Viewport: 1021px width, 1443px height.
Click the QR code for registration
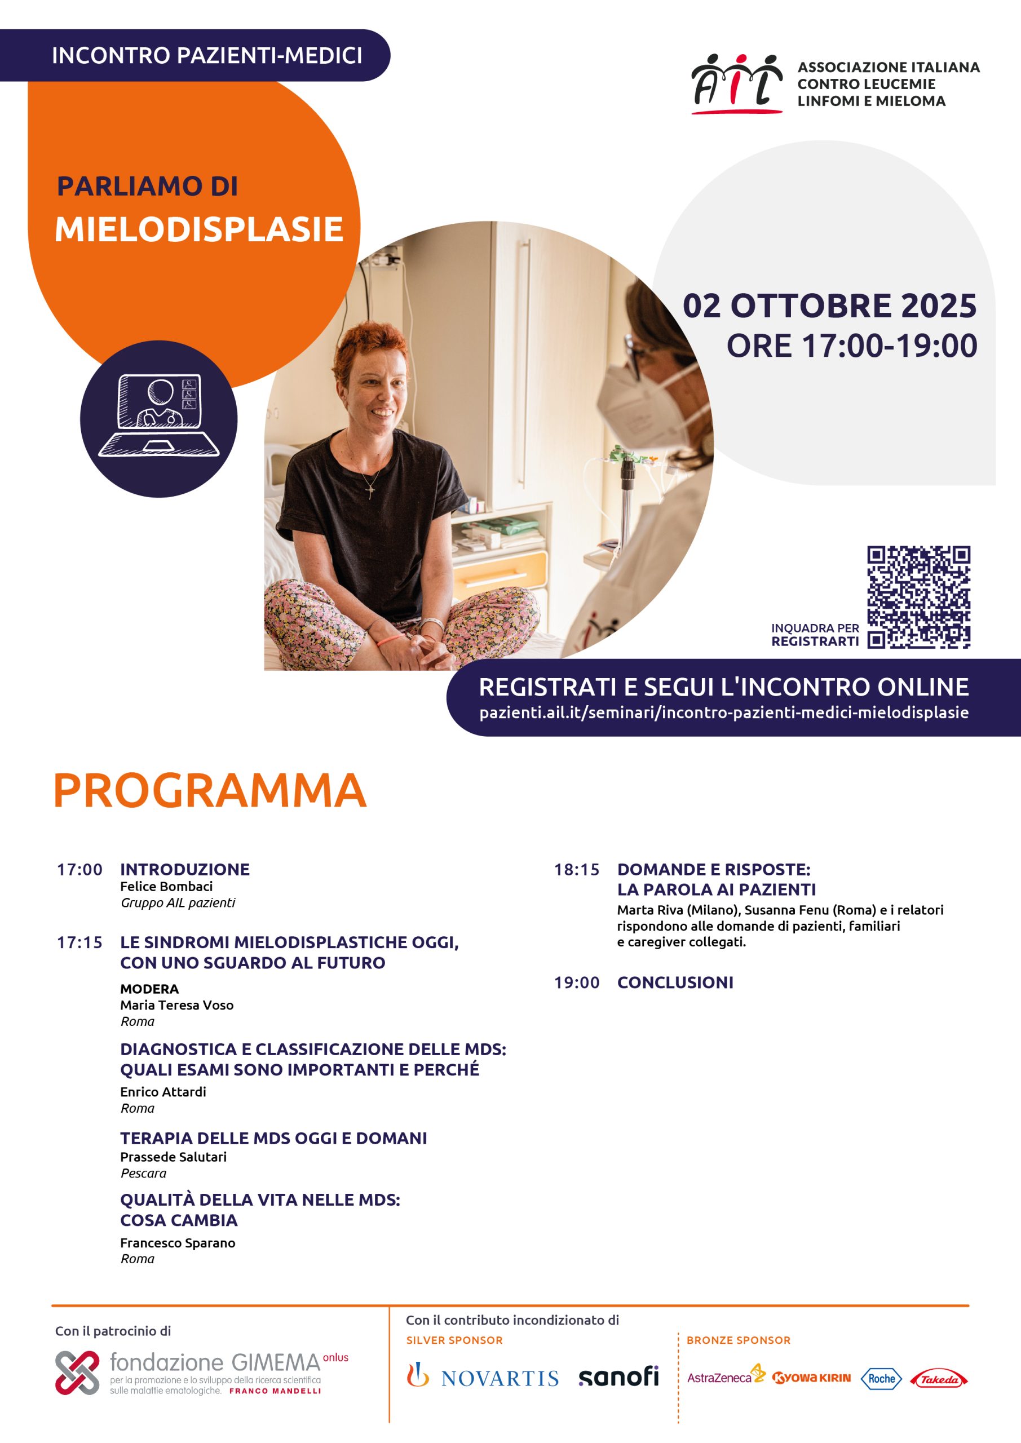pyautogui.click(x=918, y=597)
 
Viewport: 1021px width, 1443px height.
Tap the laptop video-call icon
pyautogui.click(x=158, y=416)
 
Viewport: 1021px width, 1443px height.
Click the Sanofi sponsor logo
pyautogui.click(x=618, y=1376)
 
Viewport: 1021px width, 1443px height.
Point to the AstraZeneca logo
pyautogui.click(x=726, y=1377)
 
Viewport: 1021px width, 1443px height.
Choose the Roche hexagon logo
pyautogui.click(x=881, y=1378)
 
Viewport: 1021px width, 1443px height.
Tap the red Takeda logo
pyautogui.click(x=939, y=1379)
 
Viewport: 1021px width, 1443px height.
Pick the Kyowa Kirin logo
pyautogui.click(x=811, y=1378)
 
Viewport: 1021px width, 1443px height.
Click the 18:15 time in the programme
pyautogui.click(x=577, y=870)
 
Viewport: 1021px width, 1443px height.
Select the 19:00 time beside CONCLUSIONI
pyautogui.click(x=577, y=982)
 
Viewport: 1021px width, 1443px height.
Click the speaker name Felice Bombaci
pyautogui.click(x=167, y=886)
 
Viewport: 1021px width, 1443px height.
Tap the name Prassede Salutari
pyautogui.click(x=174, y=1157)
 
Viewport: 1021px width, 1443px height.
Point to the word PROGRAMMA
pyautogui.click(x=210, y=791)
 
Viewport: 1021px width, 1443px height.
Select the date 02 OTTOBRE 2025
pyautogui.click(x=829, y=306)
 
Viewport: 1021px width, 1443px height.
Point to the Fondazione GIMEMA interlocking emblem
pyautogui.click(x=77, y=1373)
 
